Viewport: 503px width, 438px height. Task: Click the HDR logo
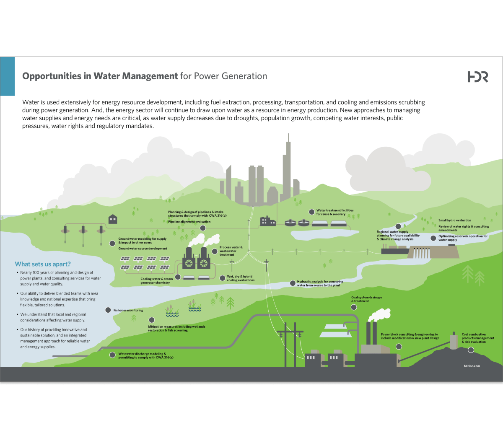point(478,77)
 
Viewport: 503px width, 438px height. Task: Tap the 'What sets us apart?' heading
point(43,264)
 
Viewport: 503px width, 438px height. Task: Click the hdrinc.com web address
point(472,366)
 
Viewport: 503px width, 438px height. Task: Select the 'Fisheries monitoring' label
point(128,310)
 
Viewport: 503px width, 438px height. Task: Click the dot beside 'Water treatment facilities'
point(311,212)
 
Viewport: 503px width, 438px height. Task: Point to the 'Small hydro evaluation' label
point(454,220)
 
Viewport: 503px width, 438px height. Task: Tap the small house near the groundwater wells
point(113,219)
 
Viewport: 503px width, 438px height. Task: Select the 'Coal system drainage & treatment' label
point(366,299)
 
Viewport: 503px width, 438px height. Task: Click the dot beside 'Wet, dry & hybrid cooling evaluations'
point(222,278)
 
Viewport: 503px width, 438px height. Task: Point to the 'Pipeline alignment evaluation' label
point(189,222)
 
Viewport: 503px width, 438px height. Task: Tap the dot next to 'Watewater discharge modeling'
point(112,355)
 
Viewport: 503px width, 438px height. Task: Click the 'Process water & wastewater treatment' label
point(231,251)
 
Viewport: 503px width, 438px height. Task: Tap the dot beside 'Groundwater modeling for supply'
point(112,243)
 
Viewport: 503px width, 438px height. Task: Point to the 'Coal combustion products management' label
point(478,338)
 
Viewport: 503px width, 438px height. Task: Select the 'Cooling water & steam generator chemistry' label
point(156,280)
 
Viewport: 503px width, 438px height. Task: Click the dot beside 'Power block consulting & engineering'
point(399,347)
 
